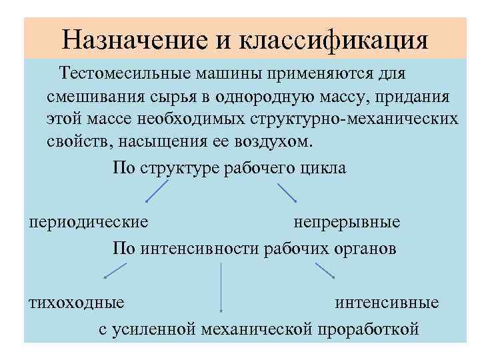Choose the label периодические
tap(88, 221)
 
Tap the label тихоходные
tap(76, 302)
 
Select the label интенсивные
tap(387, 302)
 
